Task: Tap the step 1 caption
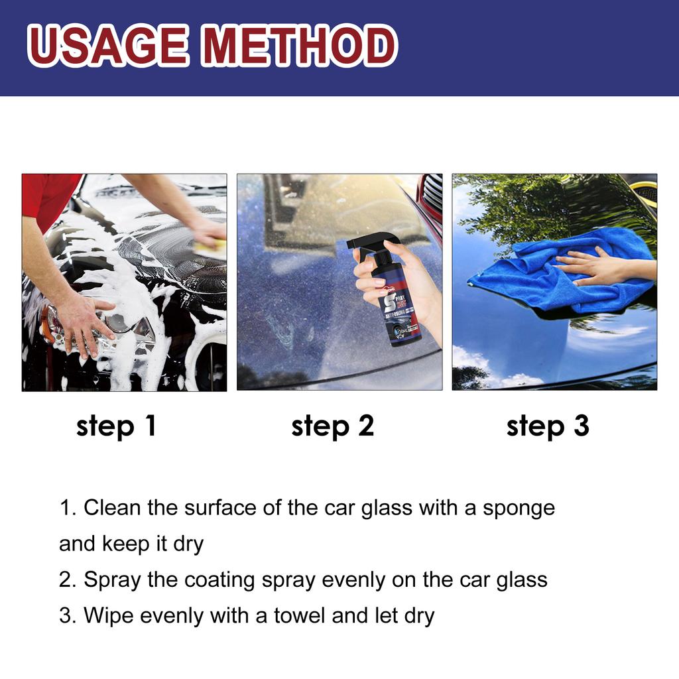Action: [x=116, y=426]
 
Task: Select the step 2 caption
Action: [x=332, y=426]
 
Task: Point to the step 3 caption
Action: [x=548, y=426]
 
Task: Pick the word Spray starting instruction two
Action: [x=112, y=580]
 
